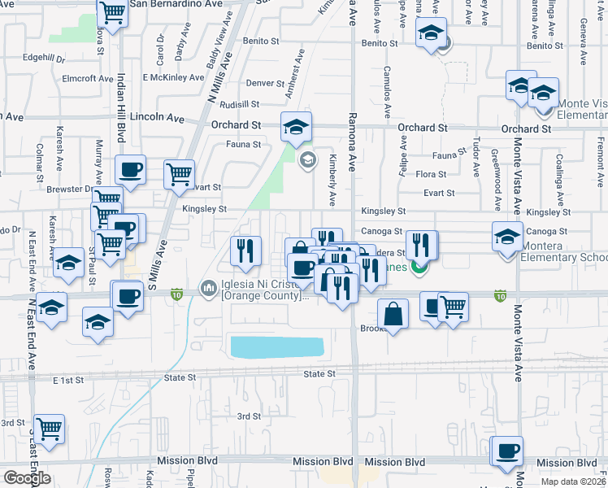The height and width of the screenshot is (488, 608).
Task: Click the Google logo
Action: (x=27, y=478)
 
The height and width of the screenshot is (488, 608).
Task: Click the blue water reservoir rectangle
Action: (x=276, y=347)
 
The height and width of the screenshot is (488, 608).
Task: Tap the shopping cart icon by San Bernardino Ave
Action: (x=112, y=12)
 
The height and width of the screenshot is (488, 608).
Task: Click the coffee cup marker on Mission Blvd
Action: (x=509, y=450)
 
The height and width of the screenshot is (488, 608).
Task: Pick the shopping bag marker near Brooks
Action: (x=393, y=314)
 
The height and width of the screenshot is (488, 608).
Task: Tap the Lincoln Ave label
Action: (x=163, y=117)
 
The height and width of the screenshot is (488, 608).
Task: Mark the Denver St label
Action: (x=265, y=83)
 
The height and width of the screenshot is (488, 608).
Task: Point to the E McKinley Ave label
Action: (x=173, y=78)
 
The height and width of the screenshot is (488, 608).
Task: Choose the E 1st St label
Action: (x=68, y=380)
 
